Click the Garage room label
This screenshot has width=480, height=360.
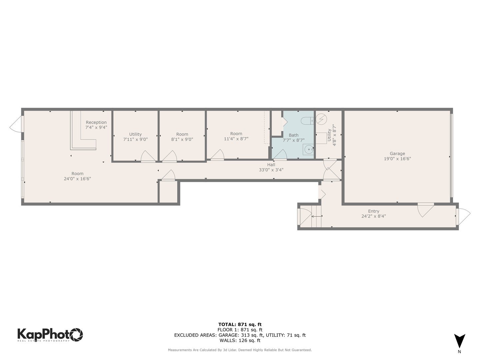(x=397, y=154)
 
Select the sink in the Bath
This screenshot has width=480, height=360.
(x=309, y=150)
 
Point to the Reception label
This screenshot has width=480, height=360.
(x=96, y=122)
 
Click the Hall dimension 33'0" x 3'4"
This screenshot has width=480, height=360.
(x=271, y=170)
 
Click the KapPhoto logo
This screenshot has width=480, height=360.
(x=50, y=334)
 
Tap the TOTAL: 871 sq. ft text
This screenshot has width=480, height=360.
(x=240, y=324)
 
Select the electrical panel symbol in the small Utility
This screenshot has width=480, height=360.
(x=322, y=118)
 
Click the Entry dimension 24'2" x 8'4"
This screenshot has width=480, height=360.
(x=374, y=216)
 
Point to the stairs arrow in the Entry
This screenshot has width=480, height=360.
(x=317, y=216)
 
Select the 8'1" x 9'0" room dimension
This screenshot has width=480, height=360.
(x=182, y=139)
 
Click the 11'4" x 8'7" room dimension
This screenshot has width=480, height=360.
(x=236, y=139)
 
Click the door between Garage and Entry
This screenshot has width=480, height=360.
(x=426, y=209)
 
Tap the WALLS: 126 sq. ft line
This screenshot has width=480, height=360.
(x=240, y=340)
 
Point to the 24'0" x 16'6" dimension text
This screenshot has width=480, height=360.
(x=77, y=179)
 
